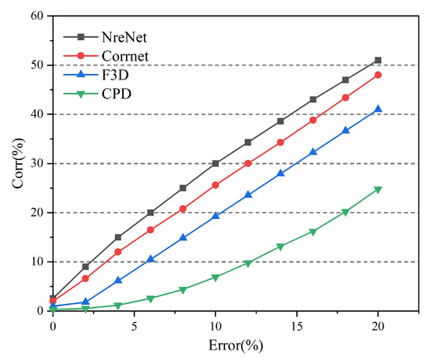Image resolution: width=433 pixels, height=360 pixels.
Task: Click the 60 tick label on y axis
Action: click(x=36, y=16)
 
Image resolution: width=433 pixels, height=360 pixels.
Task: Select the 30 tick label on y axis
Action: click(x=36, y=163)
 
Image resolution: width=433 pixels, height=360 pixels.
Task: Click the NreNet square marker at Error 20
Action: click(x=378, y=60)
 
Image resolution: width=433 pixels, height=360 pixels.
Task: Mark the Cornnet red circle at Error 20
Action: click(x=378, y=75)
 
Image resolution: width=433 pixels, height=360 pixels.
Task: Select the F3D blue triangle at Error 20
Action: click(x=378, y=109)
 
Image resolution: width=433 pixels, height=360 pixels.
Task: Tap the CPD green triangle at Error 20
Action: click(x=378, y=190)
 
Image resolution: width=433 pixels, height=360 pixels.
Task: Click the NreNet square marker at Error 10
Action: click(x=216, y=163)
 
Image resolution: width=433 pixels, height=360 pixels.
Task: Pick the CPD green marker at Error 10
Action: click(x=216, y=277)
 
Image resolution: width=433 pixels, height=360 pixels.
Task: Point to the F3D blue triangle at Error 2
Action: click(x=85, y=302)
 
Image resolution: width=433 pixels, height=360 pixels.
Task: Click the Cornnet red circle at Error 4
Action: click(x=118, y=252)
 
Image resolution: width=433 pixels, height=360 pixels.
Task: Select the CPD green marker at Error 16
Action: click(x=313, y=232)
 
